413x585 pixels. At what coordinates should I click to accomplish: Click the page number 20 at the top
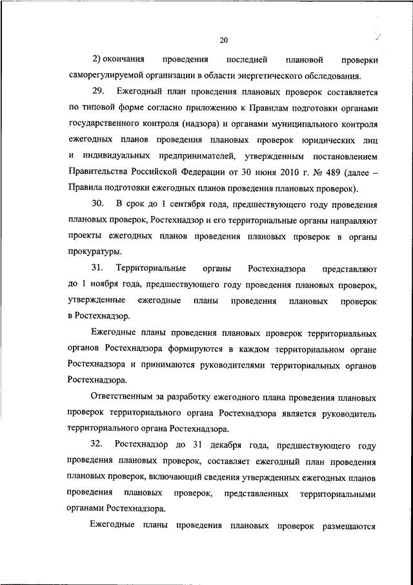[223, 41]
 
